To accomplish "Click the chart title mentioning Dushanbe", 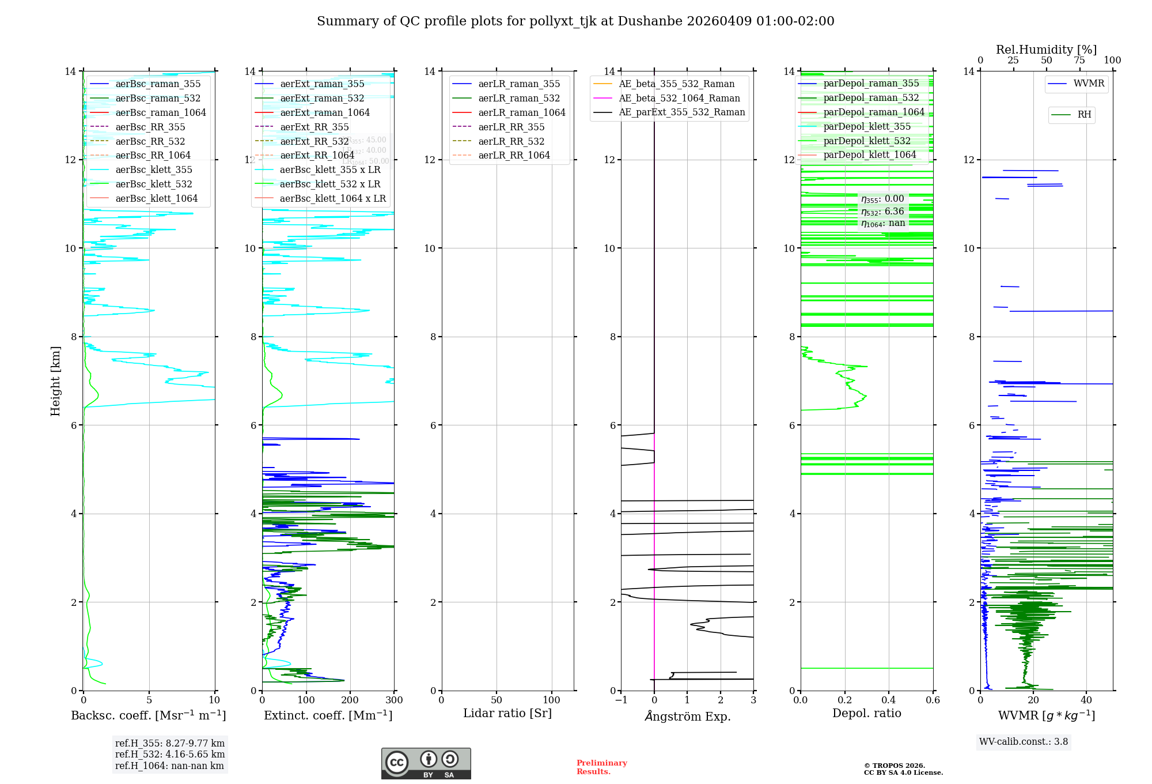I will pos(575,21).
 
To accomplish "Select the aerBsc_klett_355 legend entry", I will pos(153,169).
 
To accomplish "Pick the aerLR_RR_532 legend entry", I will pos(511,141).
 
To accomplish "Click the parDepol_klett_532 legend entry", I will pos(866,141).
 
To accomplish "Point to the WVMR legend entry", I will pos(1088,84).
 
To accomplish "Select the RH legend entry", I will pos(1084,115).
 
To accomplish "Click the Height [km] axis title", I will pos(55,380).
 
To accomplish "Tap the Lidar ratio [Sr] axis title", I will pos(507,713).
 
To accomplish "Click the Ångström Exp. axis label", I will pos(687,716).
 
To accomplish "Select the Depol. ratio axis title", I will pos(866,713).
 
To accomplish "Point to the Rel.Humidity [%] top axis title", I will pos(1046,50).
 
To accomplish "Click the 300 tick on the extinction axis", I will pos(395,700).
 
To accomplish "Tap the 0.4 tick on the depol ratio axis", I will pos(889,700).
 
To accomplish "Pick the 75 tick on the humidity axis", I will pos(1079,61).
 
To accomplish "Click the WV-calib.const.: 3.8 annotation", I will pos(1024,742).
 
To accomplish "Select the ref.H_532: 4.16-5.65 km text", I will pos(170,755).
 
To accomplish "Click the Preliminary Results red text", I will pos(601,767).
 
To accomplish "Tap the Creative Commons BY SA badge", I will pos(426,763).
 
